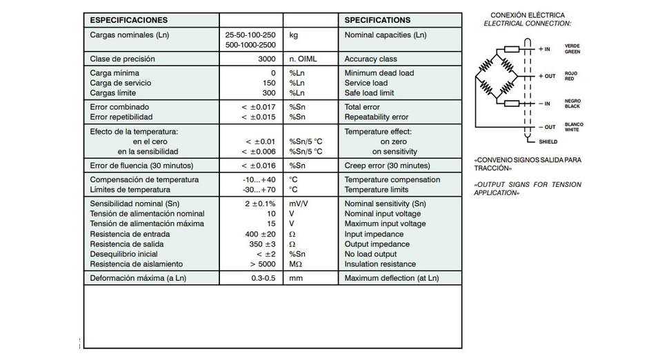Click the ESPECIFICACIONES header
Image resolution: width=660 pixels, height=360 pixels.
point(129,20)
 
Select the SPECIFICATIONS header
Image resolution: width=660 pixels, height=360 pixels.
point(377,20)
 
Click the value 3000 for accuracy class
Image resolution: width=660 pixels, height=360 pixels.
point(266,59)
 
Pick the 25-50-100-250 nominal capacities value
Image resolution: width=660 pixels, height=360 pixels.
point(250,34)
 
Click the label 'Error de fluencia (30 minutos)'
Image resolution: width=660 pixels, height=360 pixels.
point(141,166)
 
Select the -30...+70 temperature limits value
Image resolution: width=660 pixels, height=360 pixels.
point(259,190)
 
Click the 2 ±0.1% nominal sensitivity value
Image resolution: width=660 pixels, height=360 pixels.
point(260,203)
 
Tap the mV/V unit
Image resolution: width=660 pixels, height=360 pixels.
point(299,203)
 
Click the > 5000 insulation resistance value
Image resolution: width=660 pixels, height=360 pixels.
point(263,264)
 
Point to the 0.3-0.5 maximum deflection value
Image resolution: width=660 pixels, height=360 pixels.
point(263,279)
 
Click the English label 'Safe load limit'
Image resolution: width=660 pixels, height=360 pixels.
point(369,93)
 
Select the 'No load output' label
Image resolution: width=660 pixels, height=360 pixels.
point(371,254)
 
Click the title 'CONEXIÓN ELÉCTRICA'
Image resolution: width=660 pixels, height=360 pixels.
point(527,15)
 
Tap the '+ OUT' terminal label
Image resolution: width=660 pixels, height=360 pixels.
point(547,76)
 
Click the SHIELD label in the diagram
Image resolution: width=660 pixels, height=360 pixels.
point(548,141)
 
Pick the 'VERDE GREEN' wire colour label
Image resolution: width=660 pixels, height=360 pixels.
point(572,49)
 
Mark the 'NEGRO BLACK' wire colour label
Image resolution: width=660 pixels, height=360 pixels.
point(572,104)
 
